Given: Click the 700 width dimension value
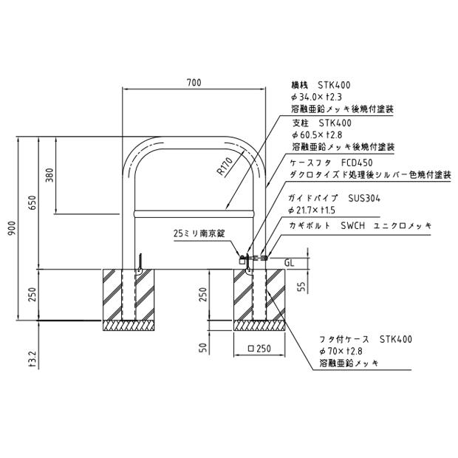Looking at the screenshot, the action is [x=194, y=83].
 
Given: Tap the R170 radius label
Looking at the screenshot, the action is [x=225, y=166].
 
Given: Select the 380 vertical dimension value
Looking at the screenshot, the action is [x=50, y=175].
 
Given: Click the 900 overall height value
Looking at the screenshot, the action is [x=13, y=228].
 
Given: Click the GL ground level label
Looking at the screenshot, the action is [x=289, y=263].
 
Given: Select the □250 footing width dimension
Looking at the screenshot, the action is [x=259, y=349].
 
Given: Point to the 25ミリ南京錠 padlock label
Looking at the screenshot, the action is [x=199, y=233].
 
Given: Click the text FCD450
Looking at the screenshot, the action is [x=357, y=163].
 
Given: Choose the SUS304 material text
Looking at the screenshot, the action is [x=364, y=198].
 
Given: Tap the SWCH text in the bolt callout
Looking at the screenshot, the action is [x=353, y=225].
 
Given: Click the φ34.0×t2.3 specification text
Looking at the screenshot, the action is [x=317, y=97].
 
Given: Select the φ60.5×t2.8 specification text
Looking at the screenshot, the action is [x=317, y=134].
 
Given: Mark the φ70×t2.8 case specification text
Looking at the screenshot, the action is [x=341, y=351].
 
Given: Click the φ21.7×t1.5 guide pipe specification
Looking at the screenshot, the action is [x=312, y=211].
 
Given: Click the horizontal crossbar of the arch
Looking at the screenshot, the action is [x=194, y=213].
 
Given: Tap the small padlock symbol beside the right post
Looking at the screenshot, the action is [x=242, y=261].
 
